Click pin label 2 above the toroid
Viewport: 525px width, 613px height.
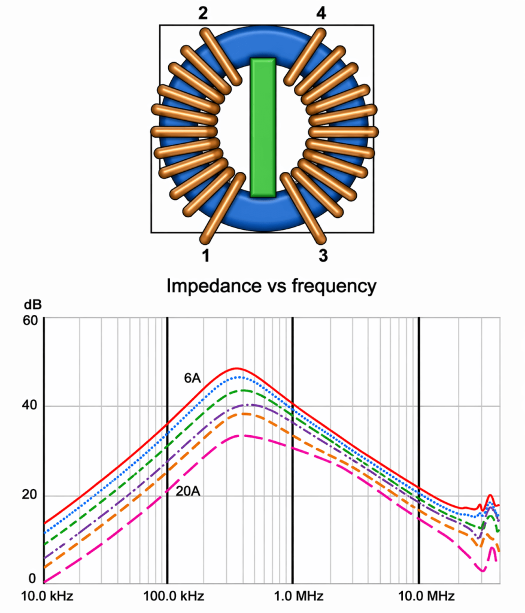point(203,13)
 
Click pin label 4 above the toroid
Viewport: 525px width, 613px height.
point(321,13)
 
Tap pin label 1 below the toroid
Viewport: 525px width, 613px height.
point(206,256)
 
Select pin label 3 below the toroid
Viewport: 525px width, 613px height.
point(323,256)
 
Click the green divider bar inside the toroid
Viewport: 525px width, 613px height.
point(263,127)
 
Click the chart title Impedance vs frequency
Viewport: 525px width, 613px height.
point(271,286)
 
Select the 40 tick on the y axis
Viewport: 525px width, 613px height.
point(31,406)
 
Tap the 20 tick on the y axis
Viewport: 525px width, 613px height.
point(31,496)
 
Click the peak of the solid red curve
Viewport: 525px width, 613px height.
point(237,368)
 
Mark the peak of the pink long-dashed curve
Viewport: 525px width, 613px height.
point(241,435)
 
